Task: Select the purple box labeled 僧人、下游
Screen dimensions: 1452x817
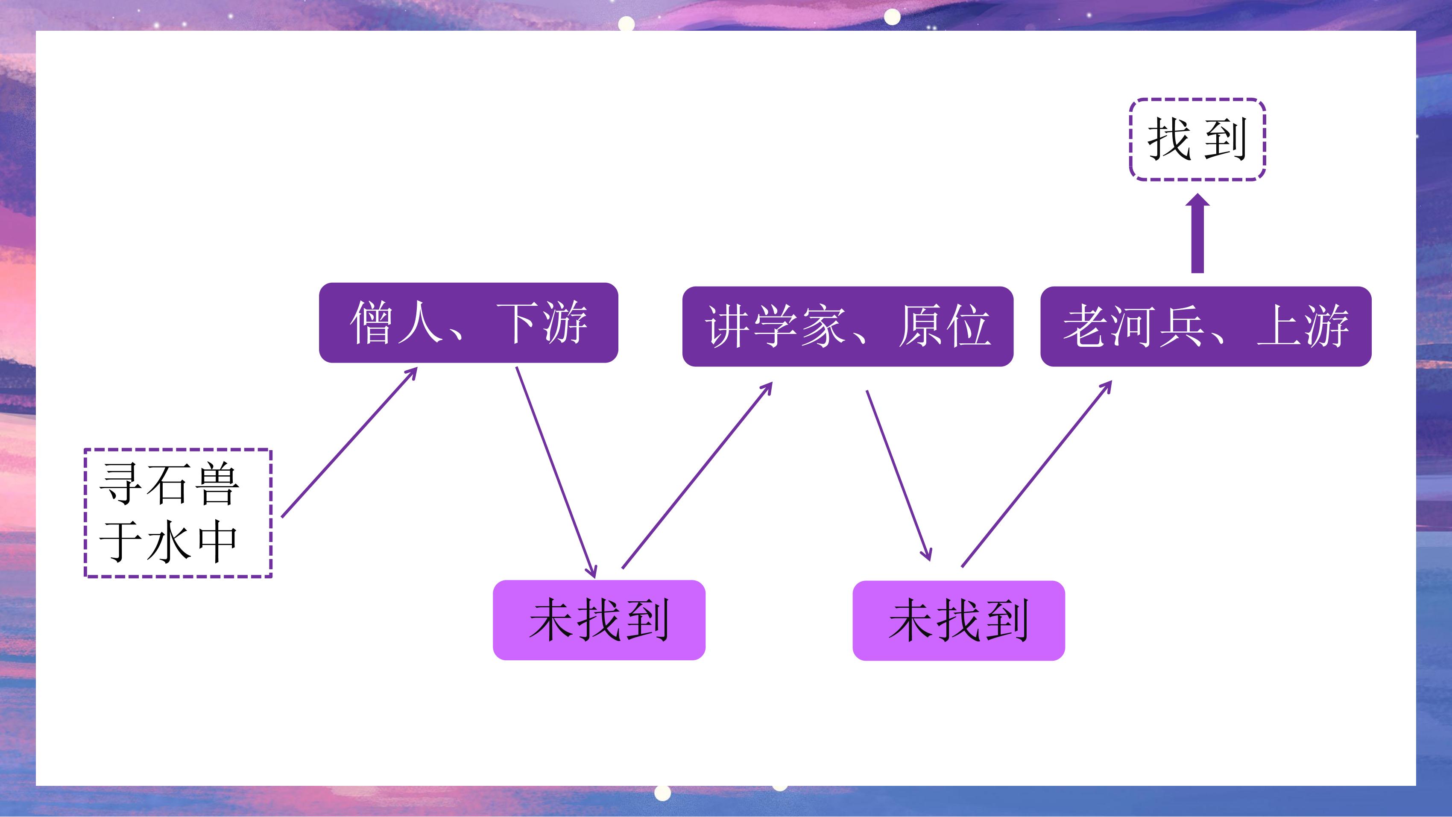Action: coord(468,322)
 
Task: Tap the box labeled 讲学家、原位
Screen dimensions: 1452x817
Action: coord(848,326)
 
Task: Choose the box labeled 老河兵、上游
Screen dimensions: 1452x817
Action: coord(1206,326)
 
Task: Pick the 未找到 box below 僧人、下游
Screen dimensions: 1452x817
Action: coord(599,620)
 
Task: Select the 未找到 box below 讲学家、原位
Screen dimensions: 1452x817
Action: coord(959,620)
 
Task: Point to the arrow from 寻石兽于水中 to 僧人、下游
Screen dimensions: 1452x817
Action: coord(349,442)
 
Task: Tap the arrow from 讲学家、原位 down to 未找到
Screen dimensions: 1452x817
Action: coord(899,475)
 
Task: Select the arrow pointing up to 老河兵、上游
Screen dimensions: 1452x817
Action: coord(1036,474)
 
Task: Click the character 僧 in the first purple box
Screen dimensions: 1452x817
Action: coord(372,322)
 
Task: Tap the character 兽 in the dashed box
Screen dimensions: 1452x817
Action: coord(217,484)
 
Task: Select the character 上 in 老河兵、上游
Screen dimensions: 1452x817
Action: coord(1278,326)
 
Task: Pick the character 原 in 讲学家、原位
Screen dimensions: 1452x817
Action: coord(920,326)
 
